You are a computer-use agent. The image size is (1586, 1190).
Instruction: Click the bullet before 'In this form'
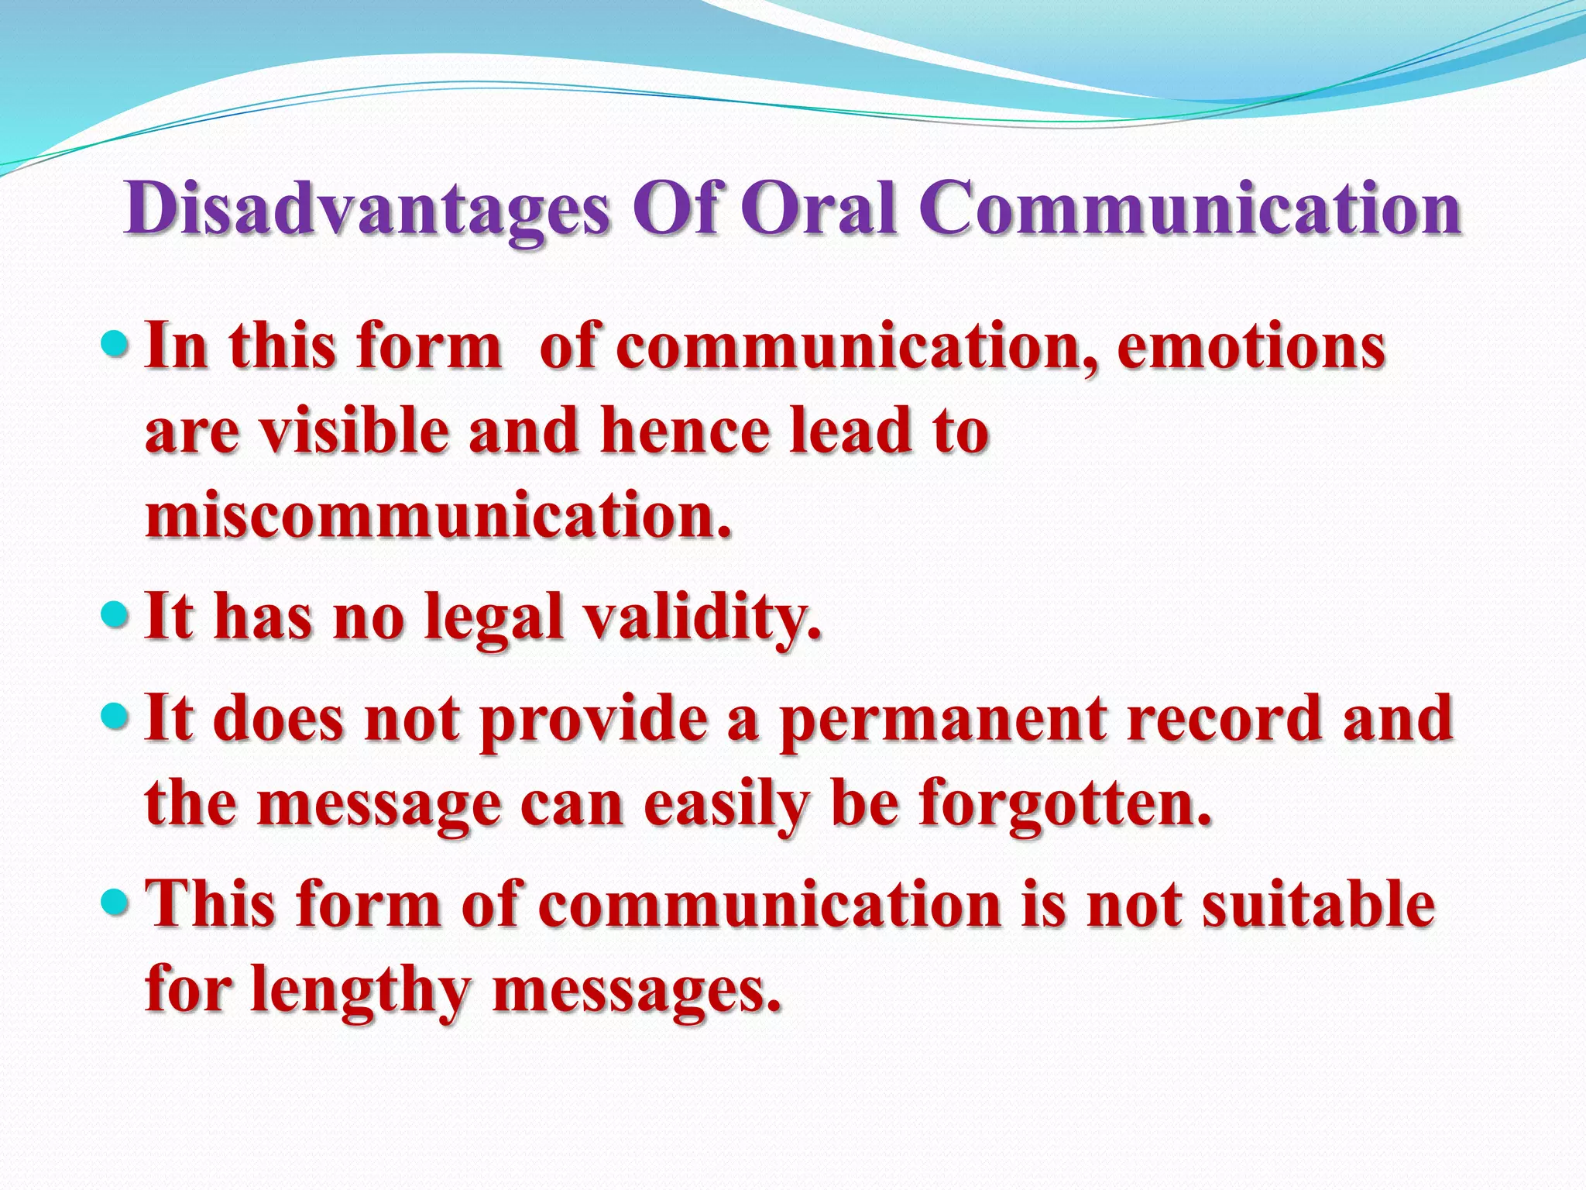pos(115,342)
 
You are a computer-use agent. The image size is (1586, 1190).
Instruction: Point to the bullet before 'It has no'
pos(115,614)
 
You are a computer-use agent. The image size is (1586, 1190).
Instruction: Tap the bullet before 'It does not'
pos(115,716)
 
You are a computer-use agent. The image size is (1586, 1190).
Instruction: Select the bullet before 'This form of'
pos(115,901)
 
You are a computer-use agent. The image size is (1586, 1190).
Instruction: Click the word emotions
pos(1251,346)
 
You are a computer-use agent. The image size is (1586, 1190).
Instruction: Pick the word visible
pos(353,432)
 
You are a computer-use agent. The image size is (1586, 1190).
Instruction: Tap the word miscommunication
pos(438,516)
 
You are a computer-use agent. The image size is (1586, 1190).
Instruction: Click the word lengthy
pos(360,992)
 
